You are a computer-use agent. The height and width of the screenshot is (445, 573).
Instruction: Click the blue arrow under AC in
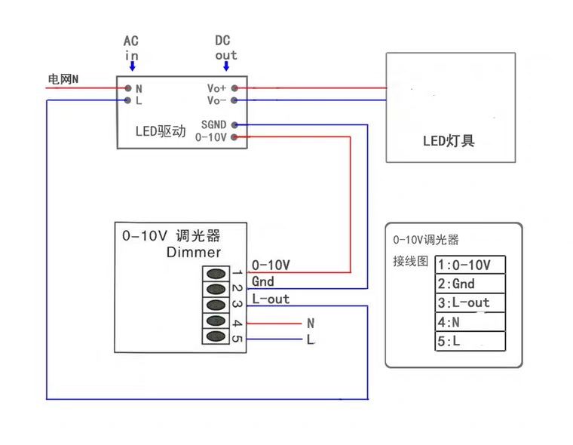click(133, 67)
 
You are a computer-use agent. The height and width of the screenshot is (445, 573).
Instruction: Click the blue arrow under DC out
click(225, 67)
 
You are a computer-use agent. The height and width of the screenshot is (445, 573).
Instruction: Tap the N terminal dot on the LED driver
click(128, 88)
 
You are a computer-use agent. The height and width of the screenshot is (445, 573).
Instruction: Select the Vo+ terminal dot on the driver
click(234, 88)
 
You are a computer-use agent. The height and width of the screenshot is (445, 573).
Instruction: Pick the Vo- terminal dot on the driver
click(234, 100)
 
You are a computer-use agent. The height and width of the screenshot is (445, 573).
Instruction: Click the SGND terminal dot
click(234, 124)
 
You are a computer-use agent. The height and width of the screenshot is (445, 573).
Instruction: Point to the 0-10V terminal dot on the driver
click(234, 137)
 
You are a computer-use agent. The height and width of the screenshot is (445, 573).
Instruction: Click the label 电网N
click(63, 78)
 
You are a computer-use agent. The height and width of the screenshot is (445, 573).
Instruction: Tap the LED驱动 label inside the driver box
click(160, 131)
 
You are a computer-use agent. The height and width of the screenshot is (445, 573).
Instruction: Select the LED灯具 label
click(449, 140)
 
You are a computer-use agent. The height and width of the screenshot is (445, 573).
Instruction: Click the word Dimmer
click(194, 252)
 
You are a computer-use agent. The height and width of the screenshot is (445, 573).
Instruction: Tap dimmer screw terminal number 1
click(216, 273)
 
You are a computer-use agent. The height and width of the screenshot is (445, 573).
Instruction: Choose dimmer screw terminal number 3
click(216, 305)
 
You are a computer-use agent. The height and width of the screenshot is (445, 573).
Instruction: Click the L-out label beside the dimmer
click(271, 299)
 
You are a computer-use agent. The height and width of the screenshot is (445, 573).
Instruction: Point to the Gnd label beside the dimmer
click(263, 281)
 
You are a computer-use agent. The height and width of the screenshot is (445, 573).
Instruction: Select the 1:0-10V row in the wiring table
click(470, 265)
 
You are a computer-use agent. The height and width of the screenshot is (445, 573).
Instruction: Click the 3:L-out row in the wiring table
click(470, 302)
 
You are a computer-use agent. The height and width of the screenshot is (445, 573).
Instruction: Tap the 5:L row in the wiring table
click(470, 341)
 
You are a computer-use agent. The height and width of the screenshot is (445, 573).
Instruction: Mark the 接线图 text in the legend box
click(411, 262)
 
